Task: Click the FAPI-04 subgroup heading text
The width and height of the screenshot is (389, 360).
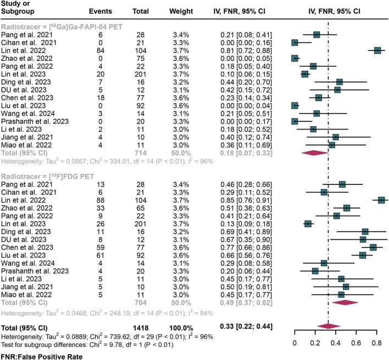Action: click(62, 26)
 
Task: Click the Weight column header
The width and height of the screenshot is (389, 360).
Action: click(176, 10)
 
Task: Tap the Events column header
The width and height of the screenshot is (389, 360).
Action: click(100, 10)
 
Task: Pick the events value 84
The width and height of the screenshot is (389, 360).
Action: click(99, 50)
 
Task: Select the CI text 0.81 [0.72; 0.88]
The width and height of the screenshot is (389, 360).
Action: click(244, 50)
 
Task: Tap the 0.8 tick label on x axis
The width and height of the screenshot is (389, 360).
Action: click(377, 344)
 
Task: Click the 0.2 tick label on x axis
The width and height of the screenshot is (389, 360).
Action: click(315, 344)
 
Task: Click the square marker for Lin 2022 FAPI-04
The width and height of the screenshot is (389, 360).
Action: click(377, 50)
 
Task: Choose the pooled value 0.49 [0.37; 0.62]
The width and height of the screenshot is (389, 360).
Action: click(244, 302)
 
